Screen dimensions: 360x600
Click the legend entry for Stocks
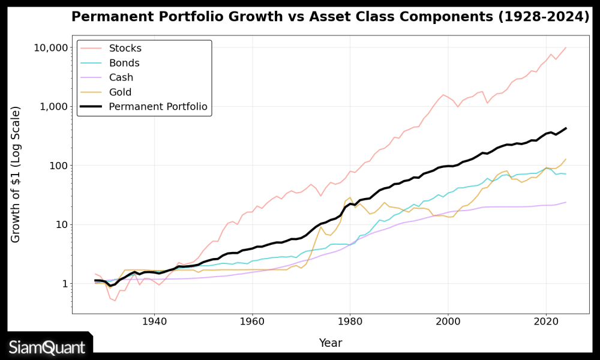coord(125,49)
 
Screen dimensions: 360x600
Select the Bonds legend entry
coord(124,63)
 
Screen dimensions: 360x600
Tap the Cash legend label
coord(121,77)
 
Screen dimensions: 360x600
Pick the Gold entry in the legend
coord(120,92)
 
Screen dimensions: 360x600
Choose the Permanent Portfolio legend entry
coord(158,107)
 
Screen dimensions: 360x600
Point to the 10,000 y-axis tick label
coord(47,48)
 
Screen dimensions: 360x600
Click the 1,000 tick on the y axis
coord(50,107)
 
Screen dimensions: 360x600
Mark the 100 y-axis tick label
coord(55,166)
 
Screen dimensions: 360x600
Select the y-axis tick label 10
coord(58,224)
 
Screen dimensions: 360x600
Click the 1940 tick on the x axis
coord(154,322)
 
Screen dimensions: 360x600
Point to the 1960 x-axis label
coord(252,322)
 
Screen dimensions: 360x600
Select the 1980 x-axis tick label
coord(350,322)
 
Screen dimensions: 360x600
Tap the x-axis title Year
coord(331,343)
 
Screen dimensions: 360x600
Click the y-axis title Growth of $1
coord(16,174)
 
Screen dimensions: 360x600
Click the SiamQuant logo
coord(47,347)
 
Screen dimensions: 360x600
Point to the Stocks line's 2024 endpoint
coord(565,47)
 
